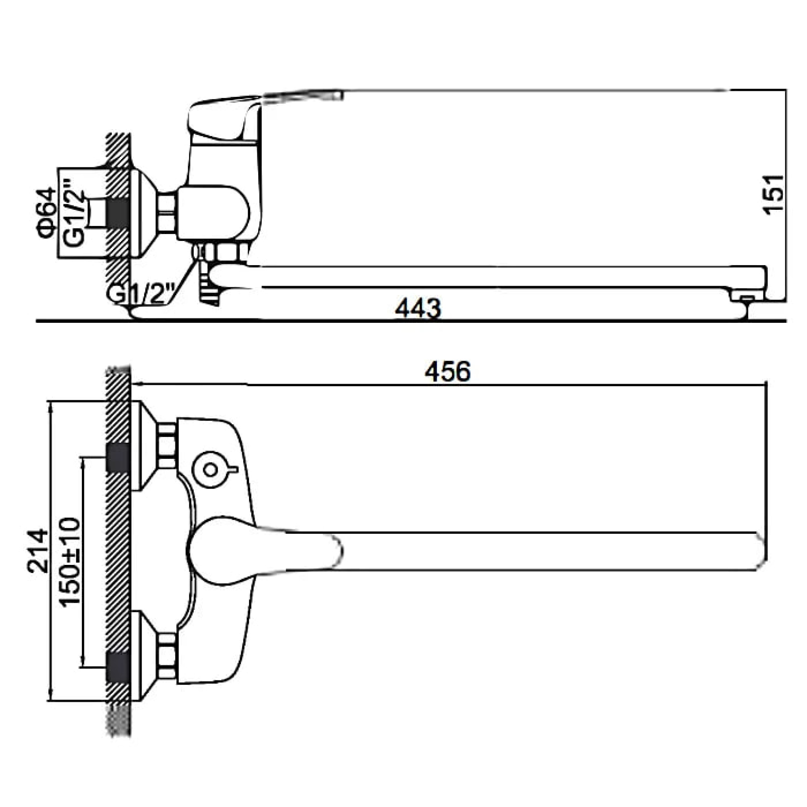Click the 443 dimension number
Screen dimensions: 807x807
pyautogui.click(x=418, y=309)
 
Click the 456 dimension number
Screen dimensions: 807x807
pyautogui.click(x=447, y=371)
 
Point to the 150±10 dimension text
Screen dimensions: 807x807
pyautogui.click(x=69, y=562)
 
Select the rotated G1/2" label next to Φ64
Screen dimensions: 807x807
pyautogui.click(x=74, y=213)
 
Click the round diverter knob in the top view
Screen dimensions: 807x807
pyautogui.click(x=211, y=470)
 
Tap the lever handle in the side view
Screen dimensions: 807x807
pyautogui.click(x=226, y=119)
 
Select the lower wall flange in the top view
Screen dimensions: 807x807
pyautogui.click(x=144, y=655)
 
